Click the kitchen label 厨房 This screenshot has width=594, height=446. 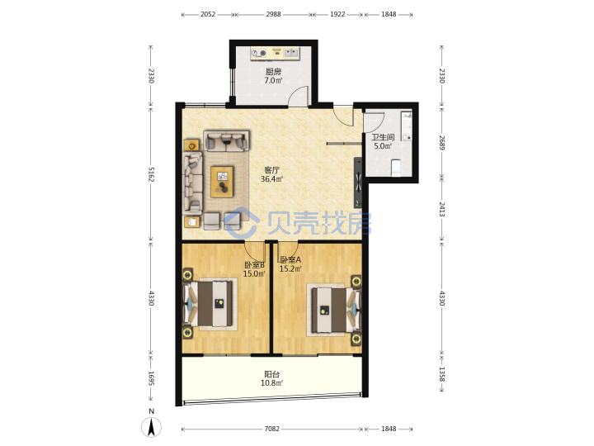pos(273,71)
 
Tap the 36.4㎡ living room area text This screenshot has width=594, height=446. pos(271,179)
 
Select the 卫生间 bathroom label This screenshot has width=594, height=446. pos(383,137)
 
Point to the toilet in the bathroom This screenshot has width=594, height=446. pos(395,168)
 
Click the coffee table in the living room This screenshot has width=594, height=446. pos(222,182)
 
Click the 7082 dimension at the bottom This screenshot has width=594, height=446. pos(272,429)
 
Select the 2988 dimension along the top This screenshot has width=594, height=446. pos(273,14)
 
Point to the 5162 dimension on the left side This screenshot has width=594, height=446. pos(151,174)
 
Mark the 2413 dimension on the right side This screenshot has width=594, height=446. pos(441,209)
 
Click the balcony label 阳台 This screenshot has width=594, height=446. pos(272,374)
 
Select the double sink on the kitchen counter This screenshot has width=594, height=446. pos(291,53)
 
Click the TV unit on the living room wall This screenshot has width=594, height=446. pos(358,183)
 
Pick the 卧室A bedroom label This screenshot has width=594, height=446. pos(290,260)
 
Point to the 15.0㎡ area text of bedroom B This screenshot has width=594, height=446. pos(254,273)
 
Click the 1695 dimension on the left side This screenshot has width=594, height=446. pos(151,377)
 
